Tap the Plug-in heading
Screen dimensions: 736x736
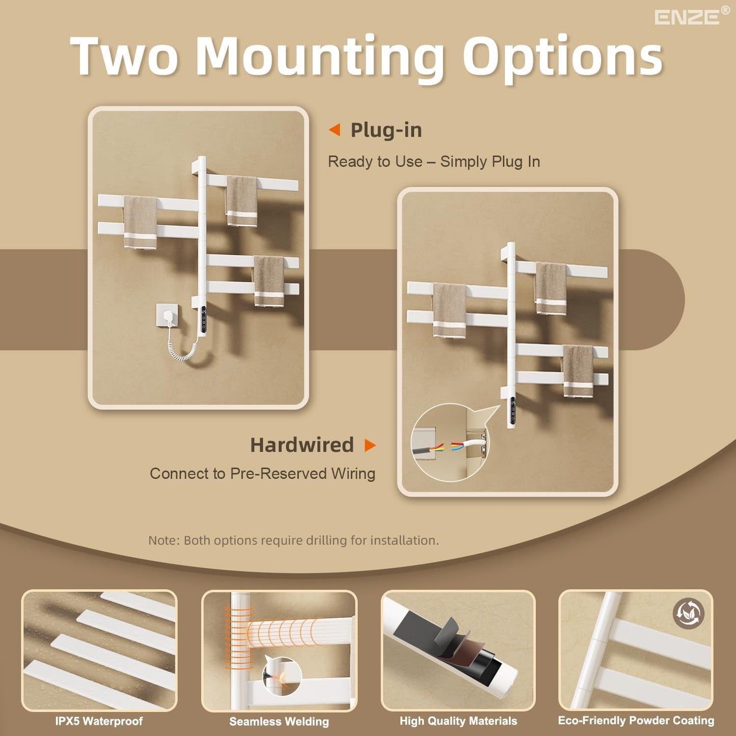(x=386, y=130)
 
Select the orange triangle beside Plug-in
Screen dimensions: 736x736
(x=335, y=130)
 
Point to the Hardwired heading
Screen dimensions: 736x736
(x=302, y=445)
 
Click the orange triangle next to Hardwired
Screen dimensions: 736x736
(x=370, y=445)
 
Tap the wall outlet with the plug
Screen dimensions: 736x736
(x=167, y=315)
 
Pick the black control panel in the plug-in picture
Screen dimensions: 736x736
(x=204, y=319)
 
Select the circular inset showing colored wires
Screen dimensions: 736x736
(x=450, y=442)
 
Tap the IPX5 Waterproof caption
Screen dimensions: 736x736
(x=99, y=721)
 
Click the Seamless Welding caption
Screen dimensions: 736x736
(x=279, y=722)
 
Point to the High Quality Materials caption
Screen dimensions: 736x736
(x=458, y=721)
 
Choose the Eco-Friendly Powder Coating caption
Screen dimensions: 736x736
(x=636, y=721)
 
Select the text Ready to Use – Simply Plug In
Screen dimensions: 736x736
(x=434, y=161)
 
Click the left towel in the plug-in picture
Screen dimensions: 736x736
(x=140, y=222)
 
